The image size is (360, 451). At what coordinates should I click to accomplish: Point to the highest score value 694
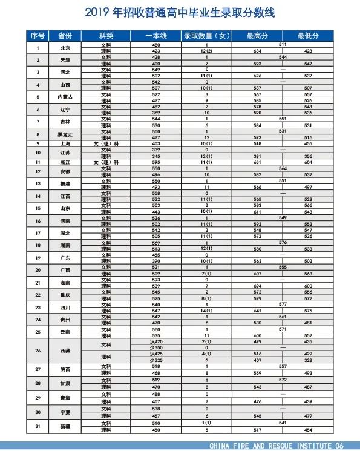coord(257,286)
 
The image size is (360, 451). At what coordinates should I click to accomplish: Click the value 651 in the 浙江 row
coord(257,163)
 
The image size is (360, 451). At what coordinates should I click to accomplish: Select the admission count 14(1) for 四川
coord(206,311)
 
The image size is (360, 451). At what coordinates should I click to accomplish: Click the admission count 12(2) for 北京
coord(206,51)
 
